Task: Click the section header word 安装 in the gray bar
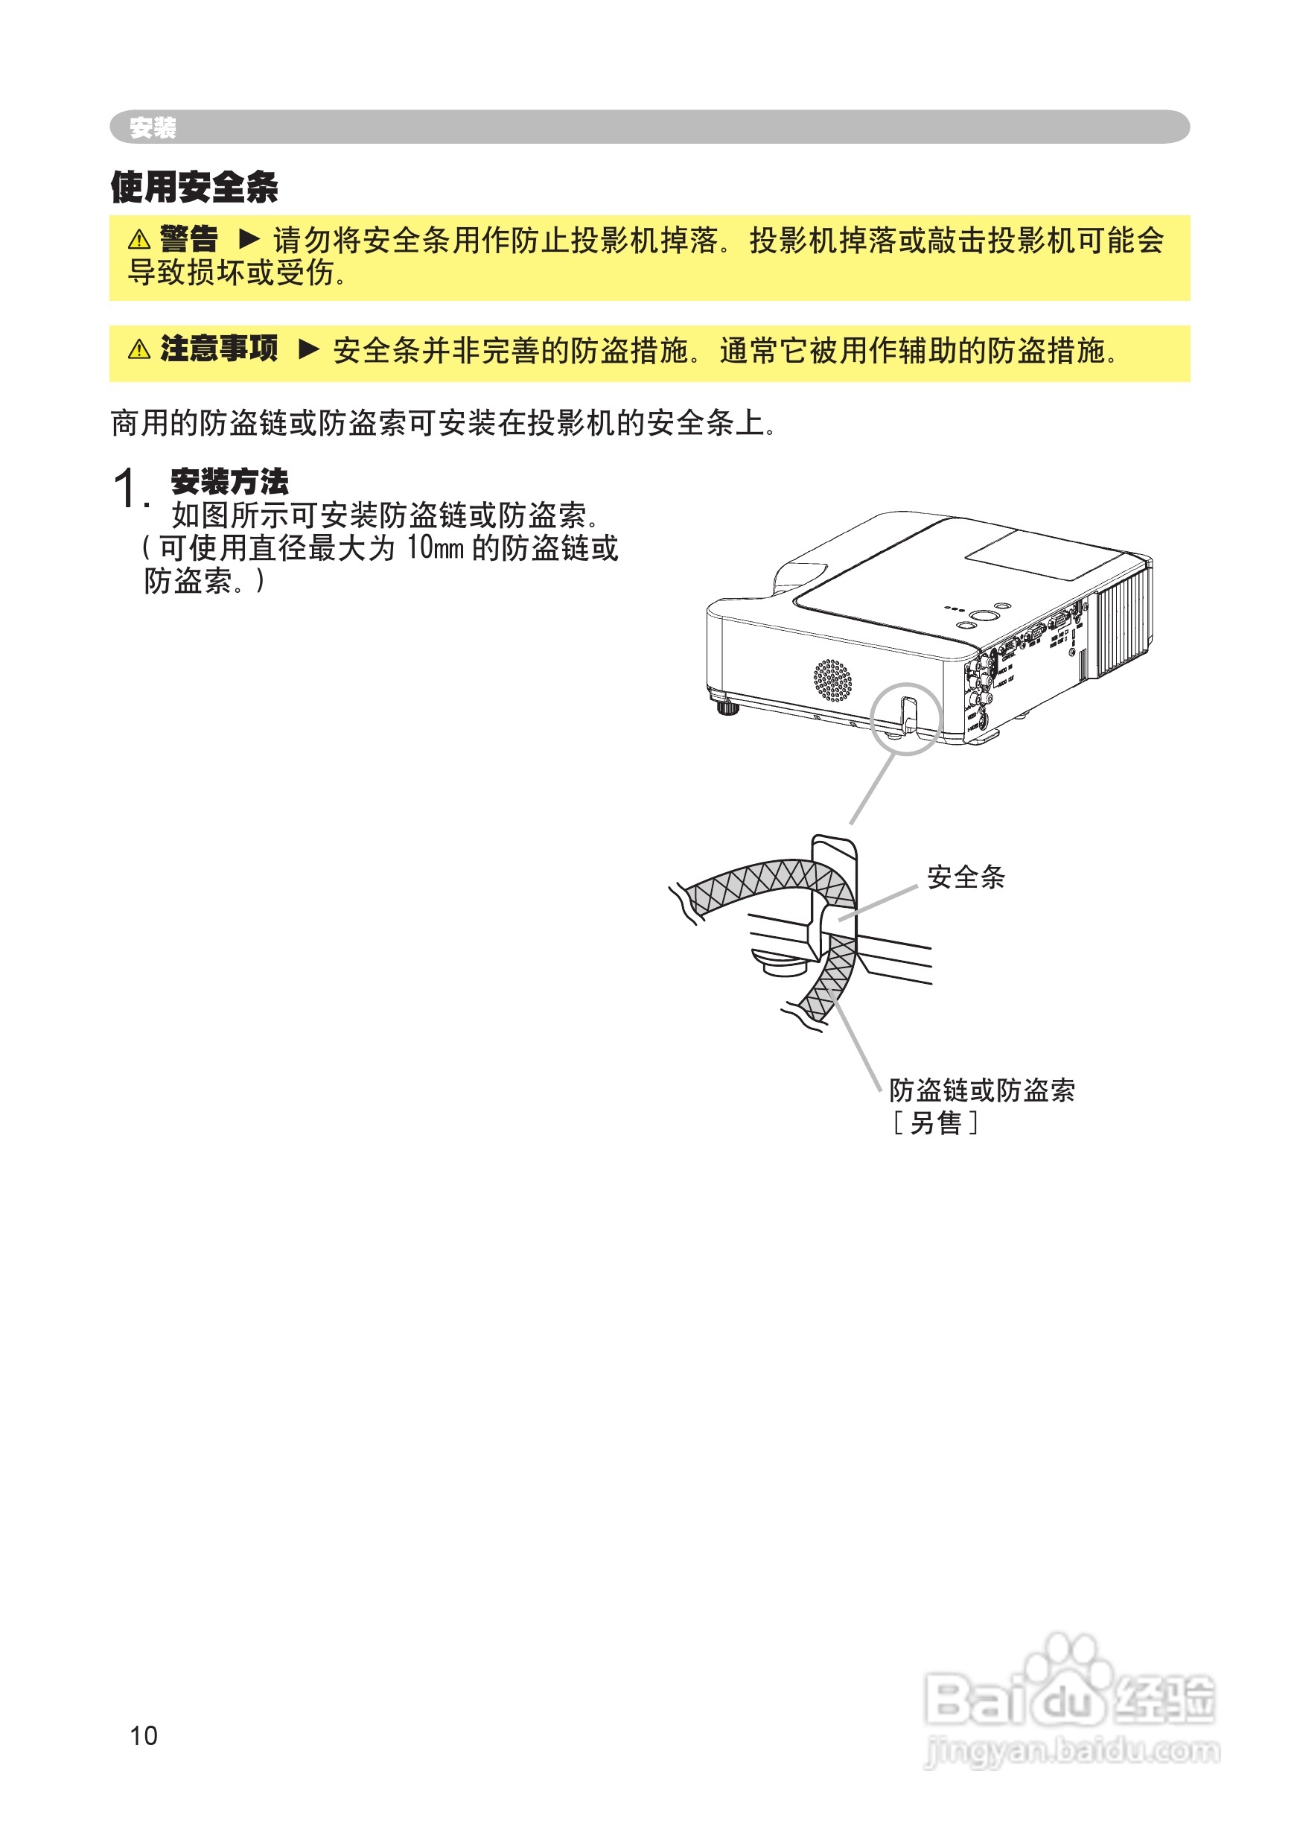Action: [x=152, y=127]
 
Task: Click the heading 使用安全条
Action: [x=194, y=188]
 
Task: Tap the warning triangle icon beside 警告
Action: [x=139, y=239]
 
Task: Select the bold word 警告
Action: [x=189, y=238]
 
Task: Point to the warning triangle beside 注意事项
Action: [x=139, y=350]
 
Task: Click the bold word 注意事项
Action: [x=219, y=349]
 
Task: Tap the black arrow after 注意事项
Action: [x=309, y=349]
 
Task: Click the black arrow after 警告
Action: [x=249, y=238]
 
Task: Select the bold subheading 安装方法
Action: [x=230, y=481]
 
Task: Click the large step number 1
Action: [x=128, y=489]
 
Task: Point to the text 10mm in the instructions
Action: [x=435, y=548]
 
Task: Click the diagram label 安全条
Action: [x=966, y=877]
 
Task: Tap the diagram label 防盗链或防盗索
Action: [x=981, y=1090]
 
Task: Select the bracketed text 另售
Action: [x=935, y=1123]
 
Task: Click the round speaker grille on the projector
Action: [x=832, y=681]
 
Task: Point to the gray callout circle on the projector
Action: [x=906, y=718]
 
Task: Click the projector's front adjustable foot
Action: [x=727, y=708]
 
